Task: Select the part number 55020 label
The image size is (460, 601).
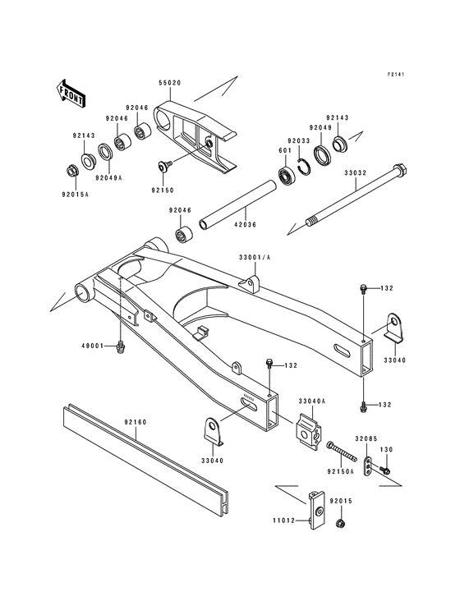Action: click(170, 83)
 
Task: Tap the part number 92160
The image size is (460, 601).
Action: click(136, 422)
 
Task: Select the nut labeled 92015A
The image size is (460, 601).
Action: click(72, 171)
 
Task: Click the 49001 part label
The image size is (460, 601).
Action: click(90, 346)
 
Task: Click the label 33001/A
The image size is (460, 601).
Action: click(253, 258)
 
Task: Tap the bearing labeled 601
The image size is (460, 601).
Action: click(288, 175)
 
